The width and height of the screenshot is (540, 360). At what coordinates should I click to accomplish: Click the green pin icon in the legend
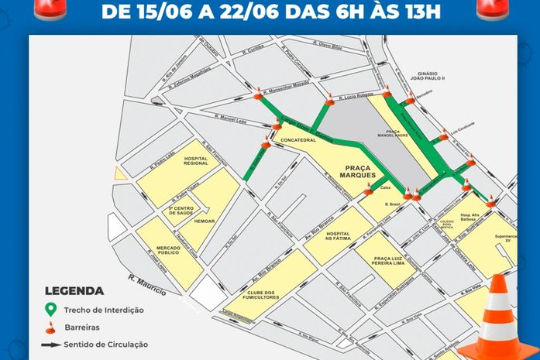coord(51,309)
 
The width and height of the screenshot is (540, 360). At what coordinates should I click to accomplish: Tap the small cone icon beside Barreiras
coord(51,327)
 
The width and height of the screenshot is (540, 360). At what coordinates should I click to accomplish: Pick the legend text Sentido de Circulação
coord(107,345)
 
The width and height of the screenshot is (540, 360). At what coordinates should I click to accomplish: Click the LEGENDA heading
coord(74,292)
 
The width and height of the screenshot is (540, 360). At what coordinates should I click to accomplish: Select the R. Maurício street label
coord(147,286)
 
